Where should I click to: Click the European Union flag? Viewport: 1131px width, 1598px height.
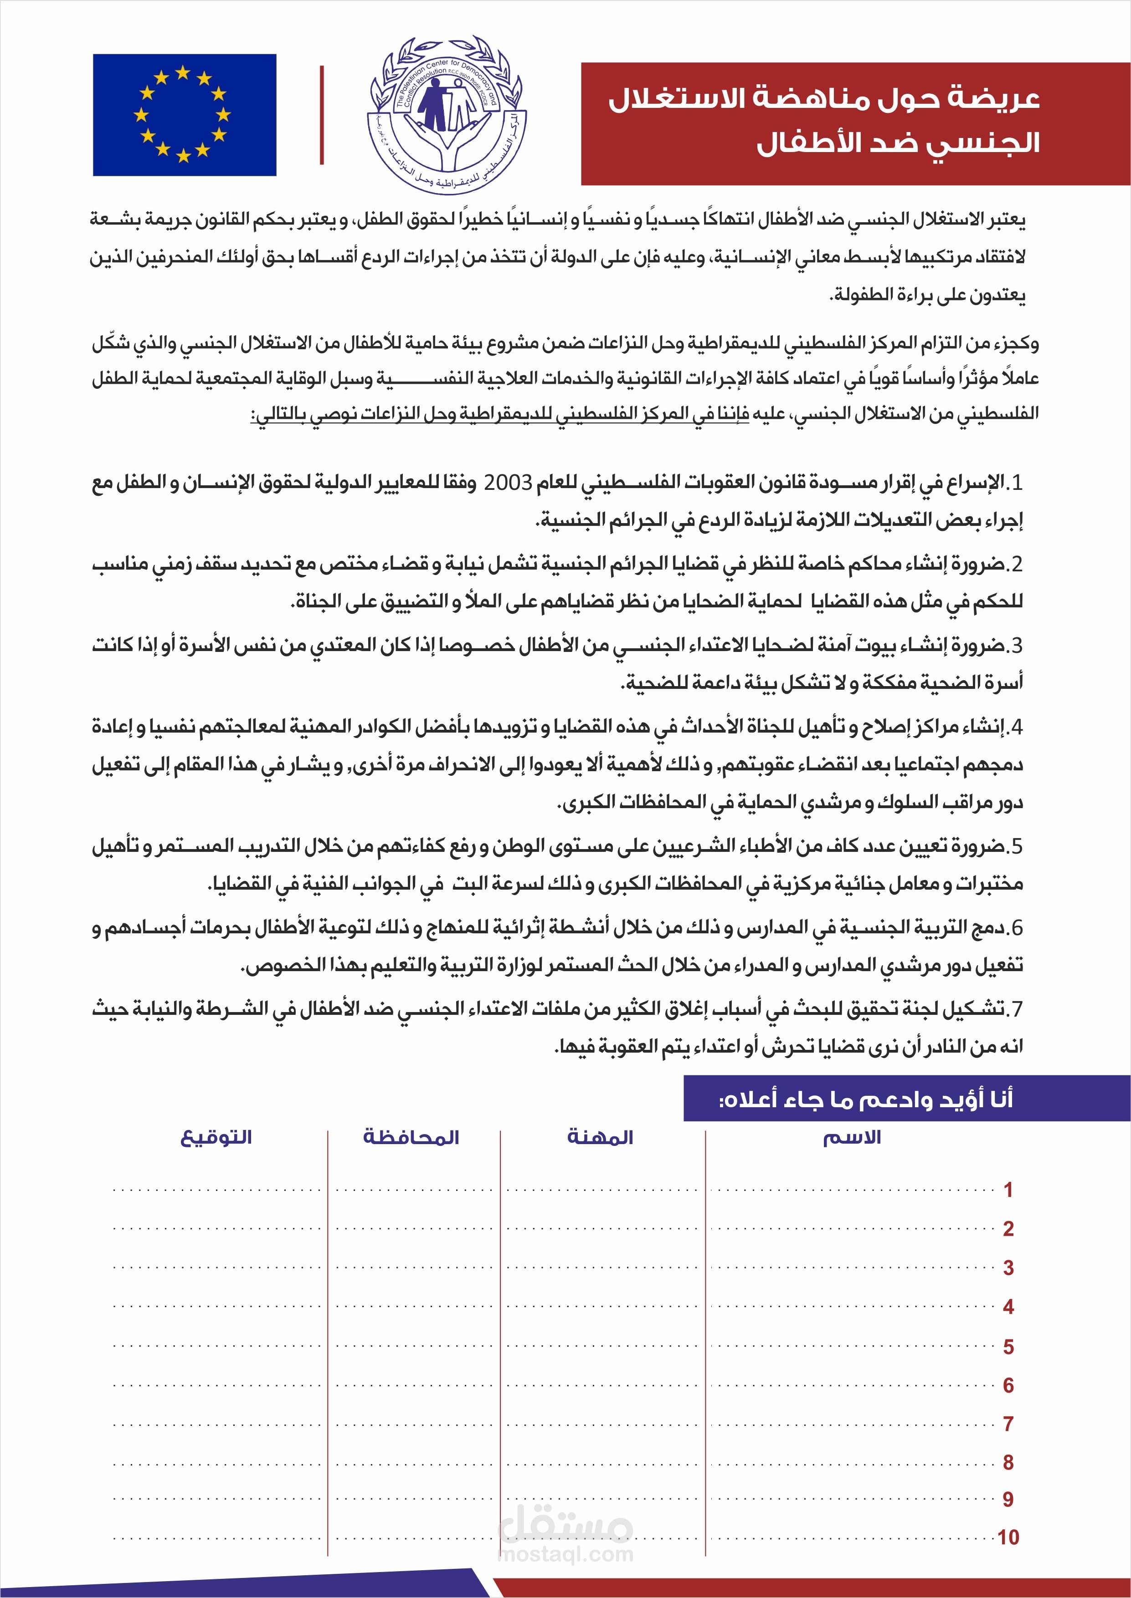tap(185, 115)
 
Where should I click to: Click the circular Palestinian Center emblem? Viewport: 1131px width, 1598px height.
tap(447, 115)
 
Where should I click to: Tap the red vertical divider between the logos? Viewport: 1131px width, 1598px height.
tap(322, 115)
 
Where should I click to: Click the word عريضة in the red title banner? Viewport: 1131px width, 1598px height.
tap(997, 99)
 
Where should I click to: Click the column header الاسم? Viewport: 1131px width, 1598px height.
tap(852, 1137)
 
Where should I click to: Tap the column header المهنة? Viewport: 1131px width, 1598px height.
tap(600, 1137)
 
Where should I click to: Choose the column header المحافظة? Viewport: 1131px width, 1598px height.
tap(411, 1137)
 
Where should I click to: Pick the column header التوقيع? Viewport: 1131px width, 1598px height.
tap(216, 1137)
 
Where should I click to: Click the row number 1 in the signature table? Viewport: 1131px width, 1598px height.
tap(1008, 1190)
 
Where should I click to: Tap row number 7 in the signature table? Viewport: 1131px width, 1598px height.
tap(1008, 1424)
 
